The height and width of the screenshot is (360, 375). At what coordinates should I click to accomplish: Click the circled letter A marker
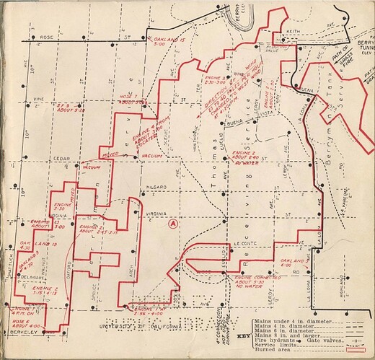(x=172, y=224)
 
